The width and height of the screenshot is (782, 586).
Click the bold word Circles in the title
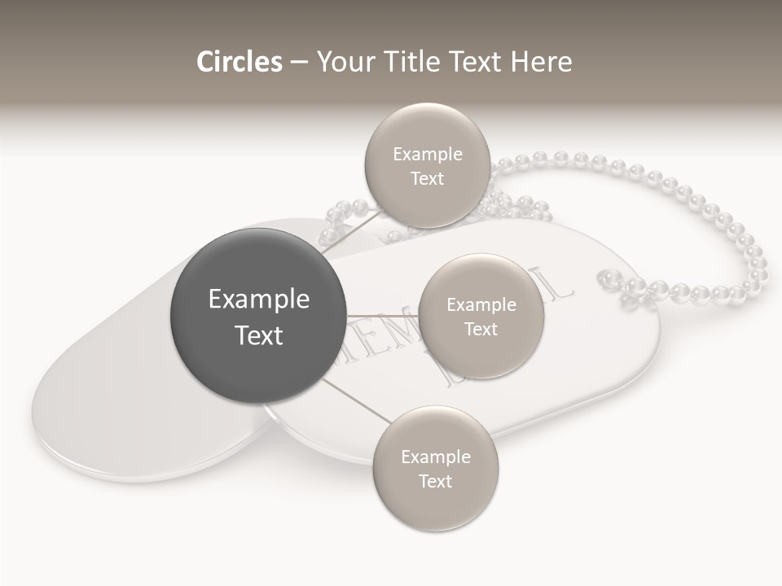(239, 62)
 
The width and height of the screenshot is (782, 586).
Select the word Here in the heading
(542, 62)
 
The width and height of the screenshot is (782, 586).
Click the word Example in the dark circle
(259, 300)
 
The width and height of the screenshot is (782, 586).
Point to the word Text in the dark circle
(259, 335)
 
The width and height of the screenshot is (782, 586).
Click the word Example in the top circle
(428, 155)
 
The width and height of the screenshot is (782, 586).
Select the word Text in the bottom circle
(435, 481)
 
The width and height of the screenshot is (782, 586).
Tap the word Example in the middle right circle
(481, 305)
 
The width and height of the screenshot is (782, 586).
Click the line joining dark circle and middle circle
(383, 316)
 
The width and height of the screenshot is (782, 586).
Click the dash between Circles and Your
(299, 63)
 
